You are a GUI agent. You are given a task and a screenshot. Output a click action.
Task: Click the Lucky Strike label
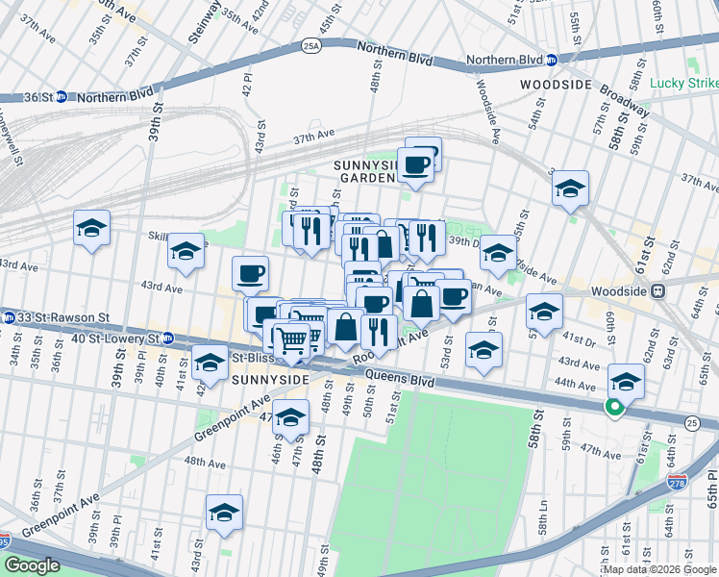[x=683, y=84]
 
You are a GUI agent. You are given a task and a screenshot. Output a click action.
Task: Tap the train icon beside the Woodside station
[x=659, y=291]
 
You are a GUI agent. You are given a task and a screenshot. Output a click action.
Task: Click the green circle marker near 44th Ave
[x=611, y=407]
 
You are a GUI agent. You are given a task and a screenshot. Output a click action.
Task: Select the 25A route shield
[x=310, y=44]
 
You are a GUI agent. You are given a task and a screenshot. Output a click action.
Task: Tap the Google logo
[x=32, y=565]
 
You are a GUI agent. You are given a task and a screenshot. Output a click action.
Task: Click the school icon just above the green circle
[x=626, y=382]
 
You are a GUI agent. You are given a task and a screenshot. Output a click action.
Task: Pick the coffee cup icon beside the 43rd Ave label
[x=250, y=274]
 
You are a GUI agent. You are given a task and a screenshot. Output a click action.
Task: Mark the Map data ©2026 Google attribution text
[x=658, y=569]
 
